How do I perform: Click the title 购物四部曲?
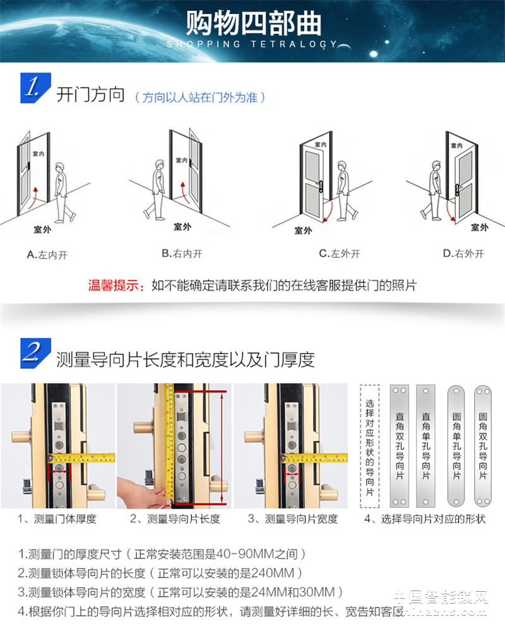(x=252, y=23)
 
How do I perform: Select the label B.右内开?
(x=181, y=253)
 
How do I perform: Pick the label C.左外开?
(x=339, y=253)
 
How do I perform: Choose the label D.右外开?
(x=463, y=253)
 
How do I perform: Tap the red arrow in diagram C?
(x=326, y=214)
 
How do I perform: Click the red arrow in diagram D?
(x=449, y=209)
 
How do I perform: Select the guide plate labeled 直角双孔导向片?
(x=400, y=445)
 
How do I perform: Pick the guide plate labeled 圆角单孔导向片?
(x=456, y=445)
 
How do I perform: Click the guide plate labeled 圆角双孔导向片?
(x=483, y=445)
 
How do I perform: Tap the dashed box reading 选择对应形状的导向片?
(x=369, y=445)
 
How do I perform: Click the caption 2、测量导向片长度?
(x=175, y=519)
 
